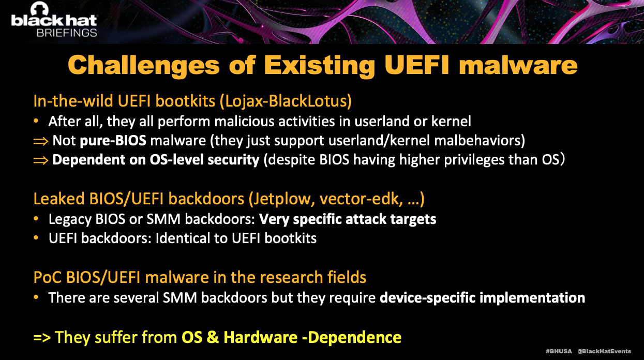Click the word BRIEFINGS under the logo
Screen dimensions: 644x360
pos(67,33)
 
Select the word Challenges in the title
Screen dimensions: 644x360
pos(144,66)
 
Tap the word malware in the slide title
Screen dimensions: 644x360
pos(518,65)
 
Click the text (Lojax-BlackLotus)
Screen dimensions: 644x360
pos(286,101)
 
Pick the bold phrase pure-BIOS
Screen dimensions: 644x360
pos(113,141)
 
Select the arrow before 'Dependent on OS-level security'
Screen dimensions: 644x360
pos(40,160)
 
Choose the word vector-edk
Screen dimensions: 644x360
pos(361,199)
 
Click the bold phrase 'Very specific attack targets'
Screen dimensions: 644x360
pos(348,219)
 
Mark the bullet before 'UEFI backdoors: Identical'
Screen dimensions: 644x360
pos(36,238)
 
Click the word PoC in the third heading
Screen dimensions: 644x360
pos(48,277)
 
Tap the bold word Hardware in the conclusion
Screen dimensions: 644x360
pos(261,337)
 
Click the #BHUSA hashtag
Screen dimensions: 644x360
pos(559,351)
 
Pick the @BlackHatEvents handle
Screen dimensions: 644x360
pos(604,351)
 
